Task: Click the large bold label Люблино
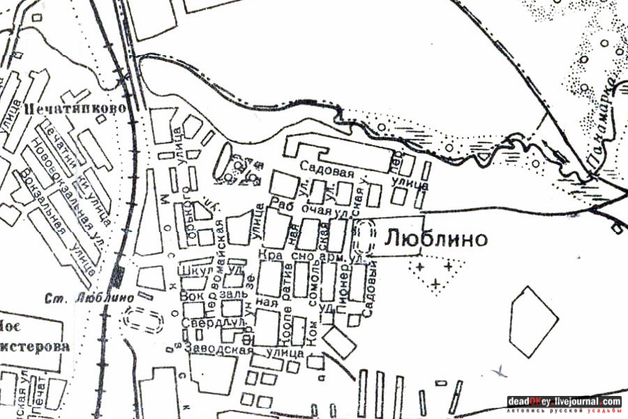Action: coord(435,240)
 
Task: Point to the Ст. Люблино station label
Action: coord(89,296)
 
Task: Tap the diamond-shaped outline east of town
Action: coord(534,321)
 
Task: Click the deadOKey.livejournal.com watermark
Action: coord(564,402)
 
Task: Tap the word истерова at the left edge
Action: coord(34,347)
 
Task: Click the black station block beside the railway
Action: coord(117,277)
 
